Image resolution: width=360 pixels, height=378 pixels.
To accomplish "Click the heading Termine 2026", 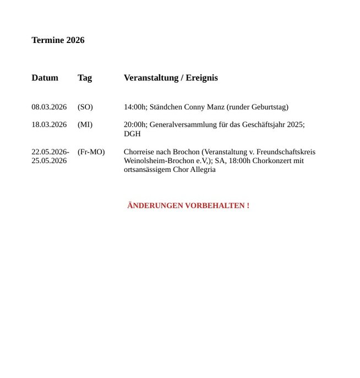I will [x=58, y=40].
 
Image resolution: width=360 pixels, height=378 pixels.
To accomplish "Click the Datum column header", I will [x=45, y=78].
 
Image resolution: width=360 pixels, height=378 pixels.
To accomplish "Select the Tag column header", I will [x=85, y=78].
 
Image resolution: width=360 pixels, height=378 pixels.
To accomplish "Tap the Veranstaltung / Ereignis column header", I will [x=171, y=78].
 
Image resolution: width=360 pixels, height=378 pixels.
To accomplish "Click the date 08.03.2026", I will [x=49, y=107].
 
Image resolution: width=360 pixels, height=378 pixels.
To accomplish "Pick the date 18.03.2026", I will [x=49, y=125].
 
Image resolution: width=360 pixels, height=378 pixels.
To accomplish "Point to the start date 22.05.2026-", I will [x=50, y=152].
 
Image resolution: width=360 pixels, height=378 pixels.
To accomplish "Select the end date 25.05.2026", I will [x=49, y=160].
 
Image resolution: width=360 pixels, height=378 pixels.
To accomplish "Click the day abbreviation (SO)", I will [x=85, y=107].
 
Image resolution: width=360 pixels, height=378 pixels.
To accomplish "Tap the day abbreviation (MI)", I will [x=85, y=125].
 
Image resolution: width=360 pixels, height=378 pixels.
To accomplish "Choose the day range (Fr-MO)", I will [x=91, y=152].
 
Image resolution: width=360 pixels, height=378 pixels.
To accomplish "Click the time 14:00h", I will [x=135, y=107].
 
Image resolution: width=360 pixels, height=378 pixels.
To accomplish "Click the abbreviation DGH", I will [x=132, y=133].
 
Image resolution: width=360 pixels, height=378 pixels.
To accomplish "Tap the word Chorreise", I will [x=139, y=152].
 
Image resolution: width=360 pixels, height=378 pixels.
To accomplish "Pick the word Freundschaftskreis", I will [x=286, y=152].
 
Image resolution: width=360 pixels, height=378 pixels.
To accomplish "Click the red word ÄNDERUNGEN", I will [x=155, y=206].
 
